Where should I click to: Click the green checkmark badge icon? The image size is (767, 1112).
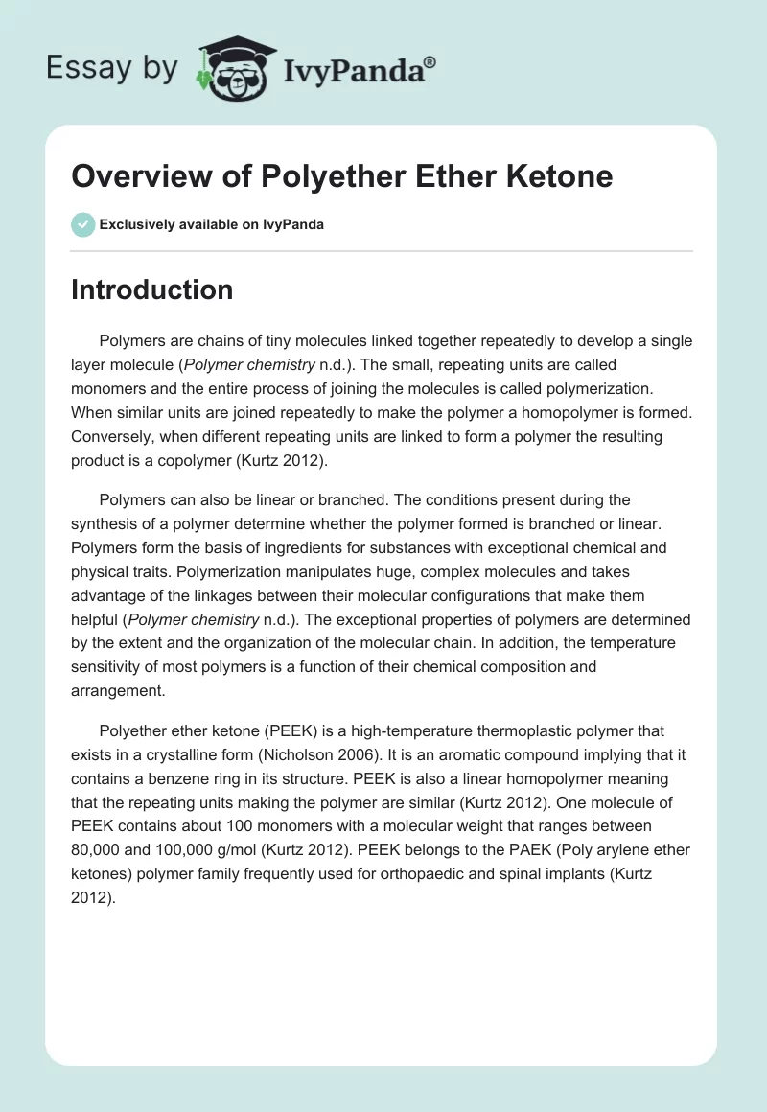click(x=82, y=224)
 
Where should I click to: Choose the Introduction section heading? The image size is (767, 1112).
click(x=151, y=290)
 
